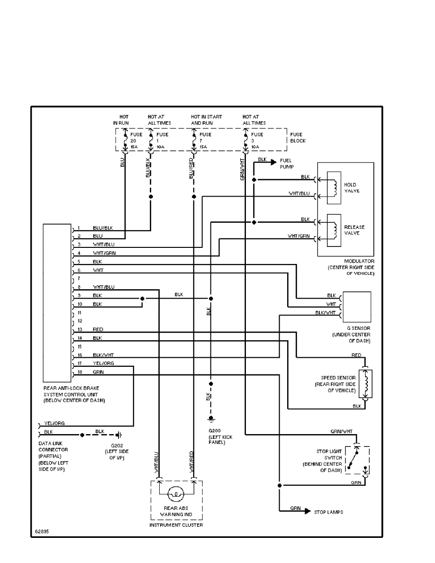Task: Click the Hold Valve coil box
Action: [x=334, y=187]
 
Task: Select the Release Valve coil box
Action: [x=334, y=229]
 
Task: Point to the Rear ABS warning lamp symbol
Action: [x=176, y=494]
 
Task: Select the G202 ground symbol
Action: [x=120, y=435]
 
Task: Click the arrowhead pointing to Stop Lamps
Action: [x=307, y=511]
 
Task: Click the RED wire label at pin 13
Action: [x=98, y=329]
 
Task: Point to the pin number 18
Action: [x=80, y=372]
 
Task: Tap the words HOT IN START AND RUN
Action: [x=206, y=119]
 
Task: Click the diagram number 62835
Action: [x=41, y=531]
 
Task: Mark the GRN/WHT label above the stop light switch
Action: [x=341, y=431]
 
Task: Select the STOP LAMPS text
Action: [x=328, y=512]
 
